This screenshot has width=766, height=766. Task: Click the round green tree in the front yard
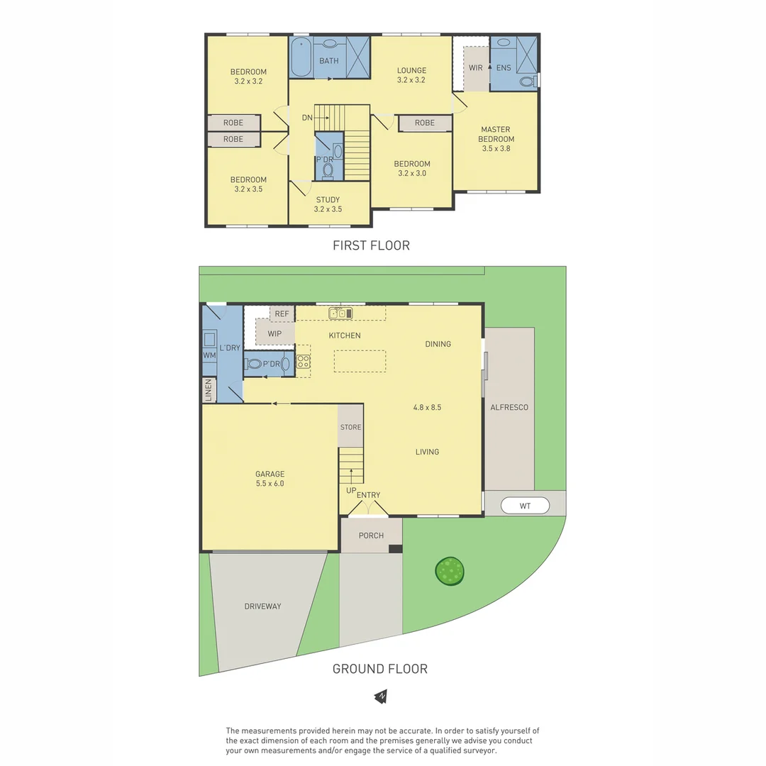[x=450, y=570]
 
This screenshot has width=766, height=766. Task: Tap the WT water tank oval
[x=525, y=506]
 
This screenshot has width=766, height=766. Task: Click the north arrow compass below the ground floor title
[x=382, y=696]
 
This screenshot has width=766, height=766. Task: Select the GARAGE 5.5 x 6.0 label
[x=270, y=479]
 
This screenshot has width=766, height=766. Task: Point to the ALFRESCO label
[x=509, y=407]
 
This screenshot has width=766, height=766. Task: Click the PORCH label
[x=371, y=535]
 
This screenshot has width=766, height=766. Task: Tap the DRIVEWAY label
[x=262, y=606]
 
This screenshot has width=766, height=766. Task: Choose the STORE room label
[x=350, y=427]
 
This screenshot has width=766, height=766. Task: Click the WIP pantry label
[x=275, y=333]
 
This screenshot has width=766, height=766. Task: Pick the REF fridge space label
[x=282, y=313]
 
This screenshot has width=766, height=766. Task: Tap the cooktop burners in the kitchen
[x=303, y=361]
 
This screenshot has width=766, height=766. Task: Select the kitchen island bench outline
[x=361, y=361]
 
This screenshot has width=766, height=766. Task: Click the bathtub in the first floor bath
[x=300, y=58]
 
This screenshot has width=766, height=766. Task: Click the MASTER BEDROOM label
[x=496, y=139]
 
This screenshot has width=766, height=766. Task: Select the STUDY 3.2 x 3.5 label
[x=328, y=204]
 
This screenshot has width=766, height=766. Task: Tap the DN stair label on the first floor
[x=307, y=118]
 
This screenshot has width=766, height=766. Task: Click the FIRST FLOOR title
[x=371, y=245]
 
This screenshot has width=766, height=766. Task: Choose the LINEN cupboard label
[x=209, y=390]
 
